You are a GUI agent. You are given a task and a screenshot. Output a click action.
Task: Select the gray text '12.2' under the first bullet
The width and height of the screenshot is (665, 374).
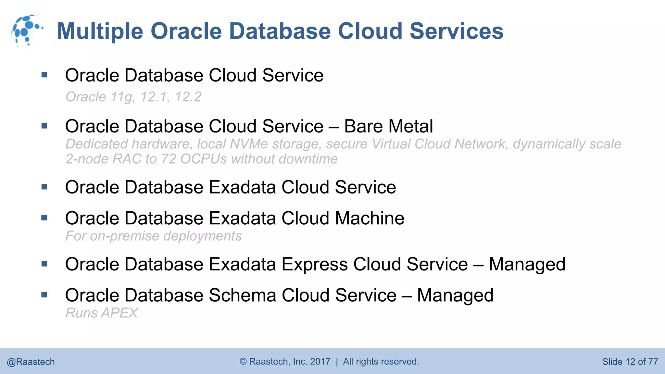click(x=188, y=97)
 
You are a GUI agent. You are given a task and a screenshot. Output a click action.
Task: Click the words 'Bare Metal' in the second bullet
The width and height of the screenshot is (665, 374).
click(x=388, y=126)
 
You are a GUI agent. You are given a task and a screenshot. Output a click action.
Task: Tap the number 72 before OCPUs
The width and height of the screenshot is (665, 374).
click(x=169, y=159)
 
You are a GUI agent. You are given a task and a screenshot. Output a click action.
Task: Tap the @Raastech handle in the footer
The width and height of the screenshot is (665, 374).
click(x=31, y=362)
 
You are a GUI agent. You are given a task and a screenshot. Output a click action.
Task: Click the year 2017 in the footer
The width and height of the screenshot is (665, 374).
click(x=320, y=362)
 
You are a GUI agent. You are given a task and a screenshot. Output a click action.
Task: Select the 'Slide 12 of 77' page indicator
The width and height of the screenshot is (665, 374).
click(x=630, y=362)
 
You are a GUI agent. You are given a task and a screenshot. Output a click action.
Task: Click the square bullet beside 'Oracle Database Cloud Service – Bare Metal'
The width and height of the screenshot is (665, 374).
click(x=44, y=126)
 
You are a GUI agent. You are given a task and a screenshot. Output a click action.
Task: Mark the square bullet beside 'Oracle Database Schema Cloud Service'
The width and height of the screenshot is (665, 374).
click(x=44, y=295)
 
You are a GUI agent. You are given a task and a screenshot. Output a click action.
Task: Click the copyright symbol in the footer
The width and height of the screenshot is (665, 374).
click(x=243, y=362)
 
